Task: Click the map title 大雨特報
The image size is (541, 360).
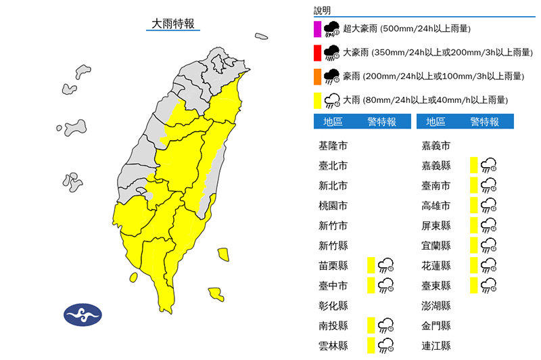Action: (172, 23)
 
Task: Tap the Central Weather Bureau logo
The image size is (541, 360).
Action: (83, 314)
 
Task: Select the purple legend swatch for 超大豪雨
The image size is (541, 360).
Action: (316, 28)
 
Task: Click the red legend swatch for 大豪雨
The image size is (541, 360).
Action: (316, 52)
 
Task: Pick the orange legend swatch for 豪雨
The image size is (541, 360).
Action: (316, 76)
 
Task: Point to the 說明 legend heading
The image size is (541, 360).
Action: (323, 10)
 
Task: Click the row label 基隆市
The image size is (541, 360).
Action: (333, 145)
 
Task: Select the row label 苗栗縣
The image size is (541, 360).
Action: (333, 265)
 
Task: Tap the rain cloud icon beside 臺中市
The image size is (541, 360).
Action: (386, 285)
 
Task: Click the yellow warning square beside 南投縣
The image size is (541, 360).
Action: (371, 325)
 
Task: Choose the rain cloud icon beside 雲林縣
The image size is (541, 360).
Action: (386, 345)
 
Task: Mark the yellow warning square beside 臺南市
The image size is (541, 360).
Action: (474, 185)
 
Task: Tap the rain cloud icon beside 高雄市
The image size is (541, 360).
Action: (489, 205)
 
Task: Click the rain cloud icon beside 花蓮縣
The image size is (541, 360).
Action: (489, 265)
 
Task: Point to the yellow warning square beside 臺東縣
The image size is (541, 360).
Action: (474, 285)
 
